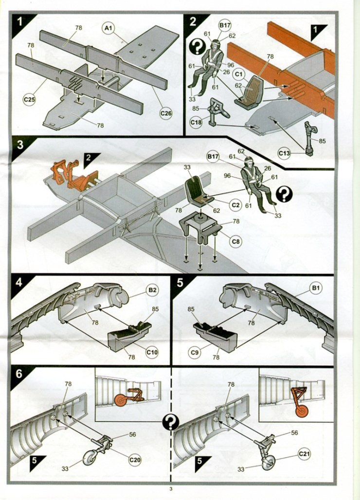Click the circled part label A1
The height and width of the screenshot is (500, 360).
pyautogui.click(x=108, y=28)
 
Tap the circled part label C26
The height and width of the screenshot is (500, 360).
pyautogui.click(x=166, y=113)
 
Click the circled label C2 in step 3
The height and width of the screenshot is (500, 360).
pyautogui.click(x=236, y=205)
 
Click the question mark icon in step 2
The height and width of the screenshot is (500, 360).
pyautogui.click(x=197, y=47)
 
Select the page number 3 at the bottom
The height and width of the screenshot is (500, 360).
pyautogui.click(x=171, y=489)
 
